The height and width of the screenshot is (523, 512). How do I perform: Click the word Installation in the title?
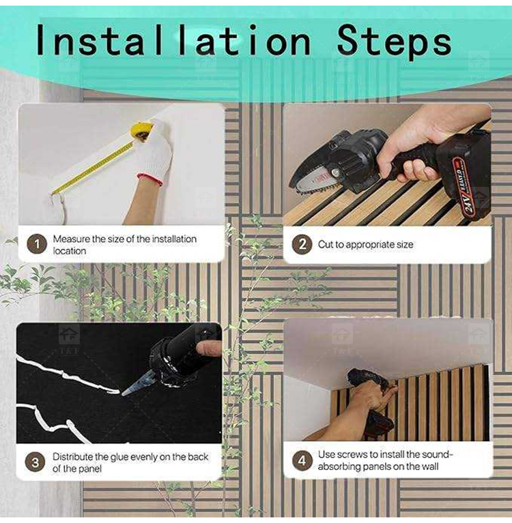pyautogui.click(x=173, y=40)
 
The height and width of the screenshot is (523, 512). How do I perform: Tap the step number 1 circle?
pyautogui.click(x=37, y=244)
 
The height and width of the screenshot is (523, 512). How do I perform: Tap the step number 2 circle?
pyautogui.click(x=302, y=244)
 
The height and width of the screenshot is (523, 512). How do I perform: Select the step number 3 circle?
pyautogui.click(x=35, y=462)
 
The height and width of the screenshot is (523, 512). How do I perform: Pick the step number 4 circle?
pyautogui.click(x=302, y=461)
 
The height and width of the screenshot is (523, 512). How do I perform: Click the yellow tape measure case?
pyautogui.click(x=142, y=131)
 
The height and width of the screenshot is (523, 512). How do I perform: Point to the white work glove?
pyautogui.click(x=154, y=154)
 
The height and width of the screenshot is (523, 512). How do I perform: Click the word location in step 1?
pyautogui.click(x=70, y=251)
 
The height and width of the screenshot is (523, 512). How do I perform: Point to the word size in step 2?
pyautogui.click(x=405, y=245)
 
